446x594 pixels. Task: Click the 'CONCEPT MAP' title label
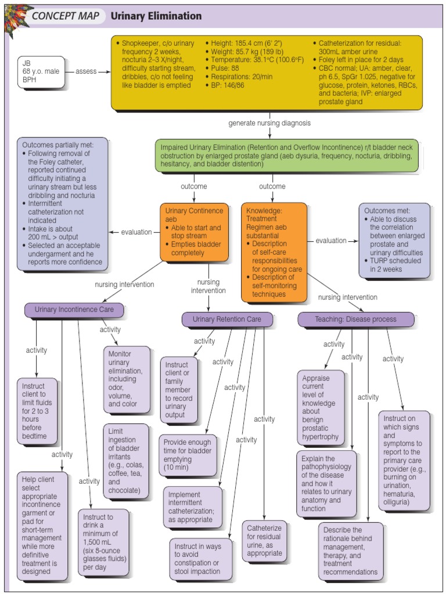(x=65, y=16)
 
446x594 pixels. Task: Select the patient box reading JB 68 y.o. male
(x=41, y=72)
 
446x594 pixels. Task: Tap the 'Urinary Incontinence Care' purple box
(x=74, y=309)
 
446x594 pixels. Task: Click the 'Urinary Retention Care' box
(x=226, y=318)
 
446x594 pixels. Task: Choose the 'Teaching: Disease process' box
(x=355, y=319)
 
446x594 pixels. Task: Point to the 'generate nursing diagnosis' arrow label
(x=269, y=123)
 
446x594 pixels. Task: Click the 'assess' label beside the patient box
(x=86, y=71)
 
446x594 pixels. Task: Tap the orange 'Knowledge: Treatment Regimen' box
(x=274, y=252)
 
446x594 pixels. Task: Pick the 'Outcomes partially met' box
(x=63, y=204)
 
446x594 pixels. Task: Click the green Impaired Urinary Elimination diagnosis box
(x=286, y=155)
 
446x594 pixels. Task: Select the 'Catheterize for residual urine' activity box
(x=264, y=541)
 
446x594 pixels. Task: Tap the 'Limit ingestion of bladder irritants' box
(x=126, y=461)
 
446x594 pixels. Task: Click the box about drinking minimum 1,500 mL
(x=103, y=542)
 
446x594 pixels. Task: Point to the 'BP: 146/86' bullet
(x=228, y=85)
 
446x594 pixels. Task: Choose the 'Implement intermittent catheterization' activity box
(x=192, y=507)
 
